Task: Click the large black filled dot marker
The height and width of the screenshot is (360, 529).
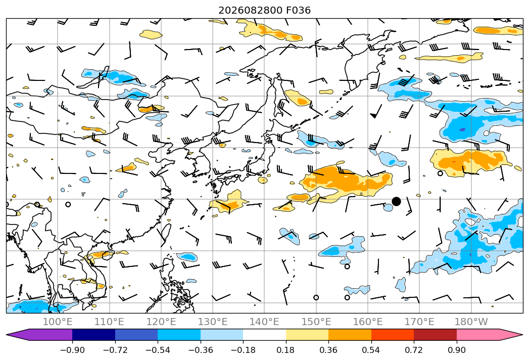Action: (x=397, y=202)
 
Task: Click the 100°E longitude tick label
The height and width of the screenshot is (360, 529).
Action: (x=58, y=322)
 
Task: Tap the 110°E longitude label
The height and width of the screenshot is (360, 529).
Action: (x=109, y=322)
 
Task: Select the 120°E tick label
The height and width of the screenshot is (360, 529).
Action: (x=161, y=322)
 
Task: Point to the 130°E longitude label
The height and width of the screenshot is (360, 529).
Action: (x=213, y=322)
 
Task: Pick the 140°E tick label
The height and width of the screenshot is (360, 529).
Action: (x=265, y=322)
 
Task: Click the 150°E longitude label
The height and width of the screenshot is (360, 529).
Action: (x=316, y=322)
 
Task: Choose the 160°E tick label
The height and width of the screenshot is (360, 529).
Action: (x=368, y=322)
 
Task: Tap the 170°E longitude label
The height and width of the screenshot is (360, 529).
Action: (x=419, y=322)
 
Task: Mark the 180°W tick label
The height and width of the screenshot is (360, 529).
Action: (x=471, y=322)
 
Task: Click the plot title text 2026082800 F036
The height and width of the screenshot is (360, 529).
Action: (x=265, y=11)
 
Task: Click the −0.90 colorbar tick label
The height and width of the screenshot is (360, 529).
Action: (x=72, y=350)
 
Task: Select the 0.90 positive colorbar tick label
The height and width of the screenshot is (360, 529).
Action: (x=456, y=350)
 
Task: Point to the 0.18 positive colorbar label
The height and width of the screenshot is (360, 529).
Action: (x=286, y=350)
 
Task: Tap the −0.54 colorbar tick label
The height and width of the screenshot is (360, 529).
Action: (x=158, y=350)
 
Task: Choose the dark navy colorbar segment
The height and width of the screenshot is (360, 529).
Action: (x=93, y=335)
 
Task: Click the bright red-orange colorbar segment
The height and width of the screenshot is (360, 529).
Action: (x=393, y=335)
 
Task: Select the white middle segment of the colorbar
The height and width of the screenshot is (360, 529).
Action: (x=265, y=335)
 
